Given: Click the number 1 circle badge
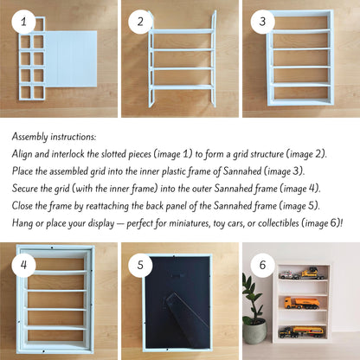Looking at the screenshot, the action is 23,22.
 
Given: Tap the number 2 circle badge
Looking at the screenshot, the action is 140,22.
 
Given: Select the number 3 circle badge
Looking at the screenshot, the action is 262,22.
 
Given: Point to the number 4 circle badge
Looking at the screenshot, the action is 23,265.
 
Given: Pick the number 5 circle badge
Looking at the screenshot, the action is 140,265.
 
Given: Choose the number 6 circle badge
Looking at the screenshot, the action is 262,265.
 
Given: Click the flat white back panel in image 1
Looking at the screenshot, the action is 71,59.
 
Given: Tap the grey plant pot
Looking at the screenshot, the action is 255,331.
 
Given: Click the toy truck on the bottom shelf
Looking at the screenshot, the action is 301,332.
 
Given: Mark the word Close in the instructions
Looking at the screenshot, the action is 22,206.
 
